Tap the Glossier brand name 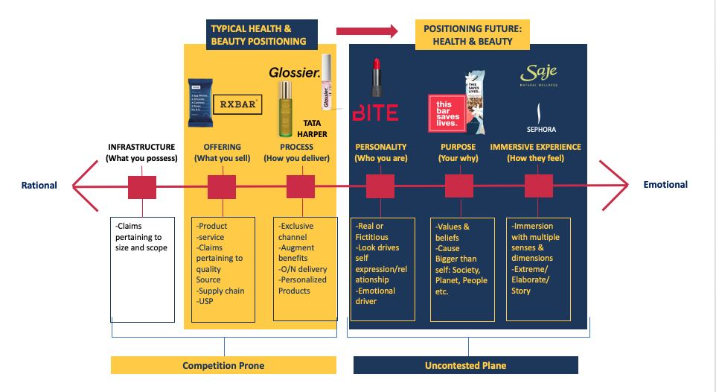295,73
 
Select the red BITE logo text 375,113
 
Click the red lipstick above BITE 375,78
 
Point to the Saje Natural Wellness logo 538,75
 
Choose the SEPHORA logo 541,120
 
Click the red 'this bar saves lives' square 448,111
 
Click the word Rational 39,185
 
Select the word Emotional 665,184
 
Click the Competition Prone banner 223,365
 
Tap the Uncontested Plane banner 465,365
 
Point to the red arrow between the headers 368,31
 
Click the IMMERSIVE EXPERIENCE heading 535,148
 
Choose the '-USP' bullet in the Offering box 205,302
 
